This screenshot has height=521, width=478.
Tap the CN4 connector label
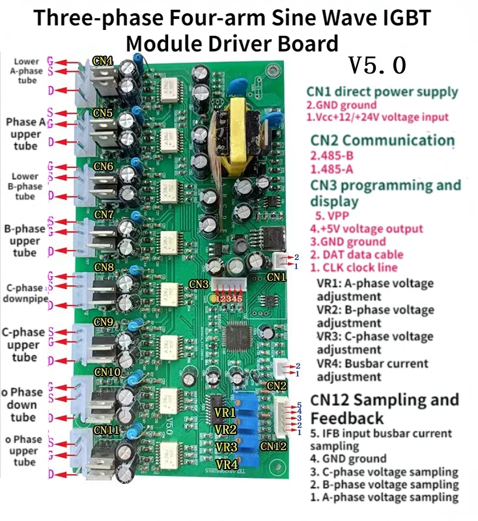pos(104,61)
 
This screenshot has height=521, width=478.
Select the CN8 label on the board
pos(104,267)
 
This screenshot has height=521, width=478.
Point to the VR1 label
pos(225,414)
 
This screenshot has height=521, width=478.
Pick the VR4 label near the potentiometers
pos(226,464)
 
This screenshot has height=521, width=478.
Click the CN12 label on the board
pos(273,446)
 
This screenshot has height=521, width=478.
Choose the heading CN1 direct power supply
pos(382,92)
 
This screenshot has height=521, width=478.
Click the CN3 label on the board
pos(199,285)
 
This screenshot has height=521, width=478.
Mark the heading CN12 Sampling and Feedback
pos(384,408)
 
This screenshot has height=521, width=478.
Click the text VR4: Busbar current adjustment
pos(372,370)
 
